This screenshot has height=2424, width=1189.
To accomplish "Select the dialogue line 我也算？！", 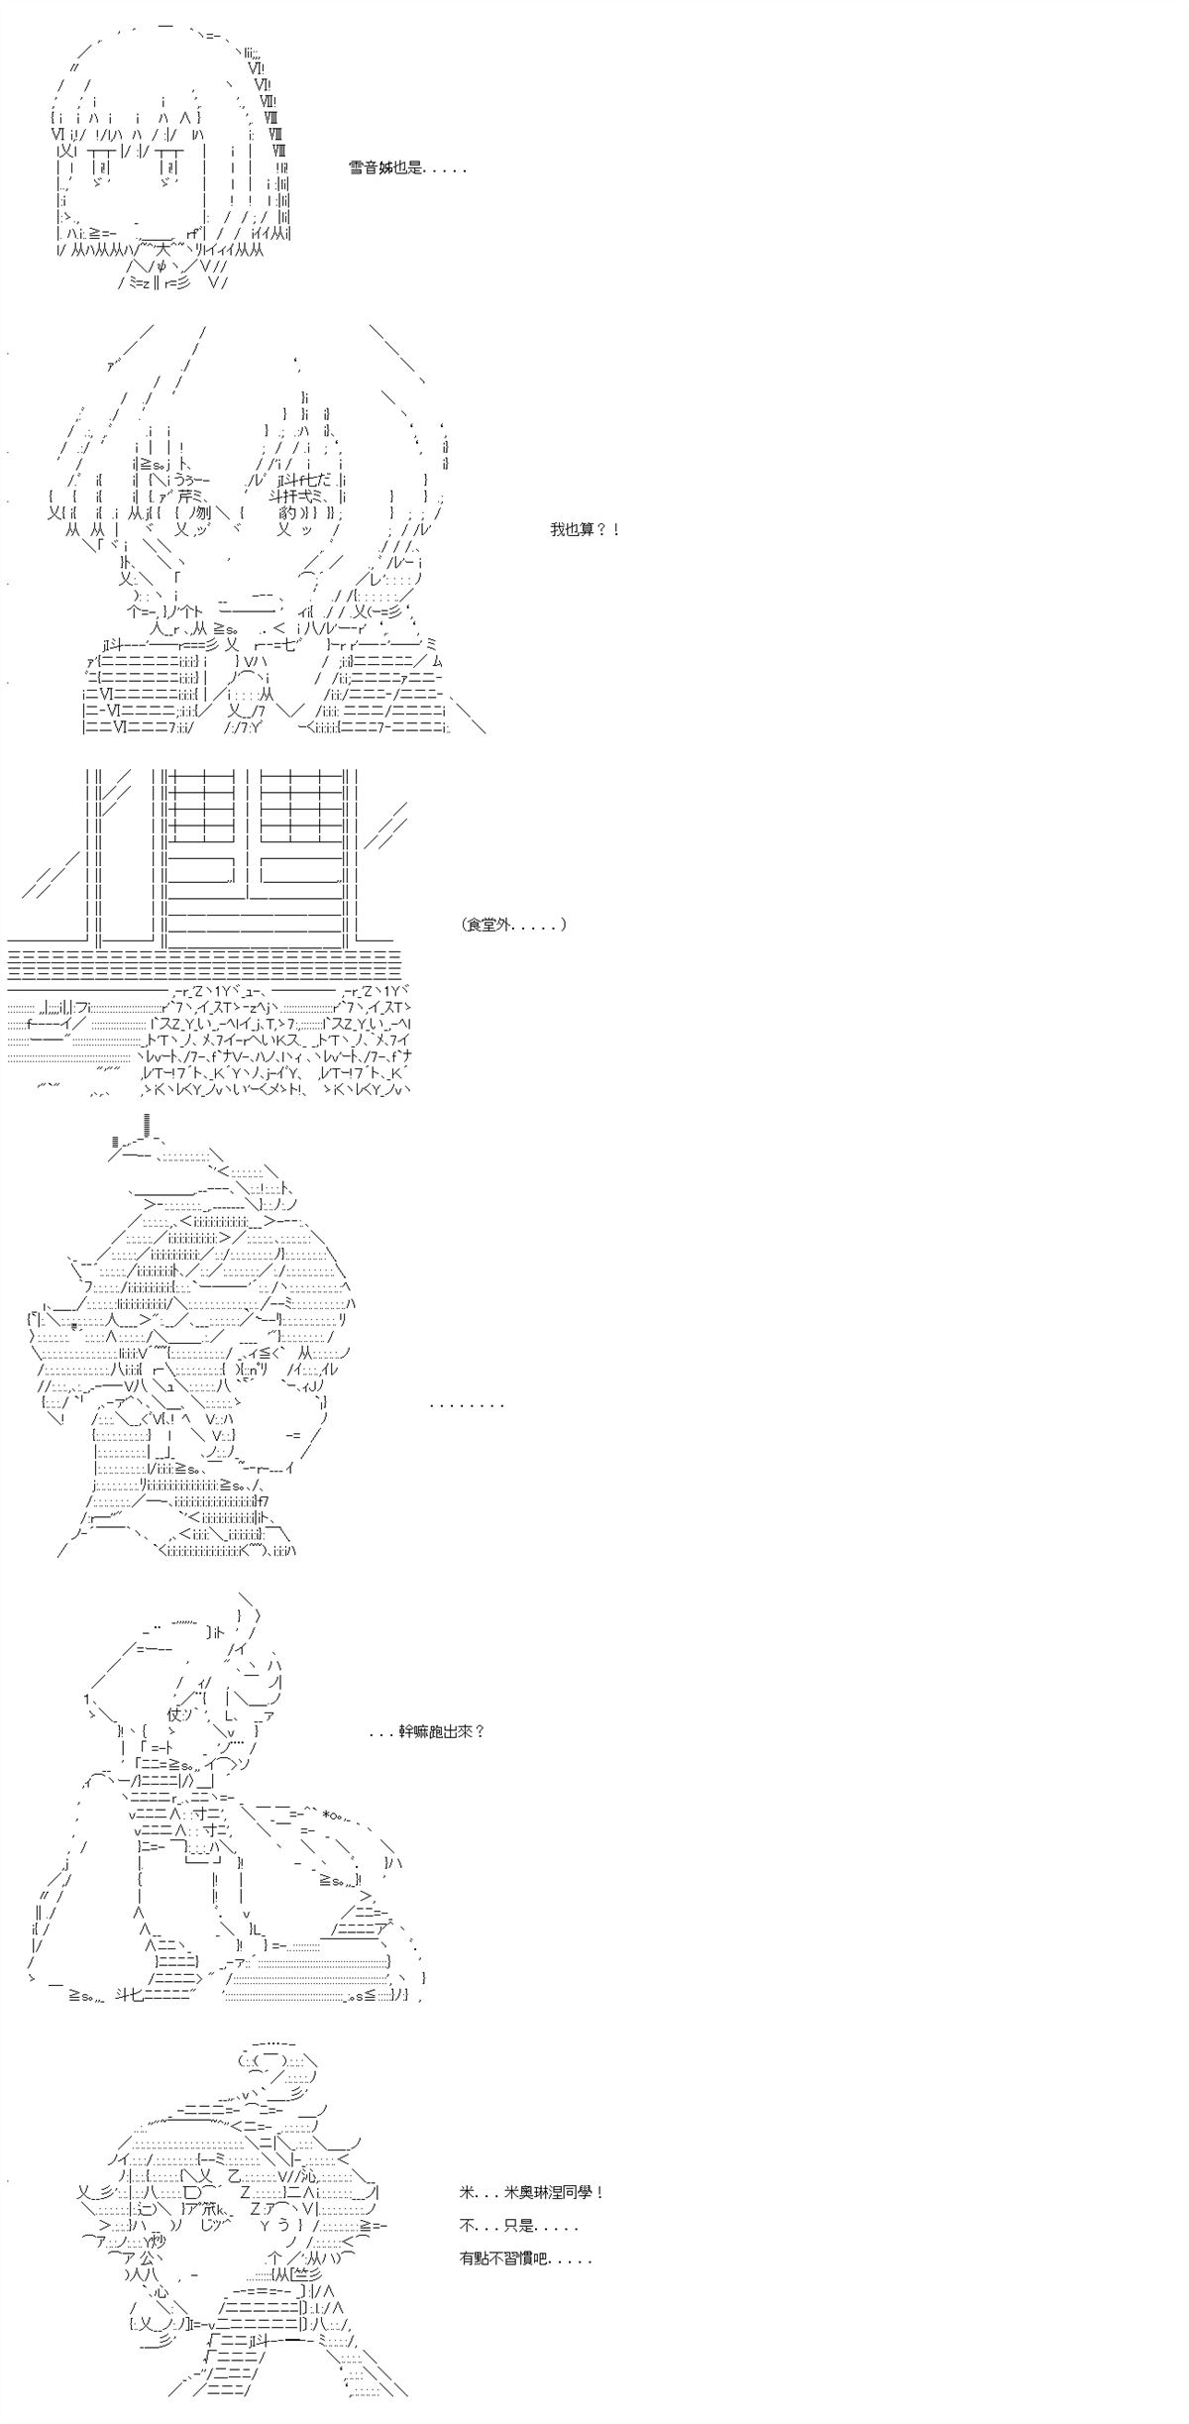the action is click(585, 529).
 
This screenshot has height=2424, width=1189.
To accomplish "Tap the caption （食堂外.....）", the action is click(513, 925).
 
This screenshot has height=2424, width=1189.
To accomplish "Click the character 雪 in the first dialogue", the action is click(356, 168).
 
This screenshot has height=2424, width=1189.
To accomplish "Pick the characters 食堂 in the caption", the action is click(488, 925).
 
